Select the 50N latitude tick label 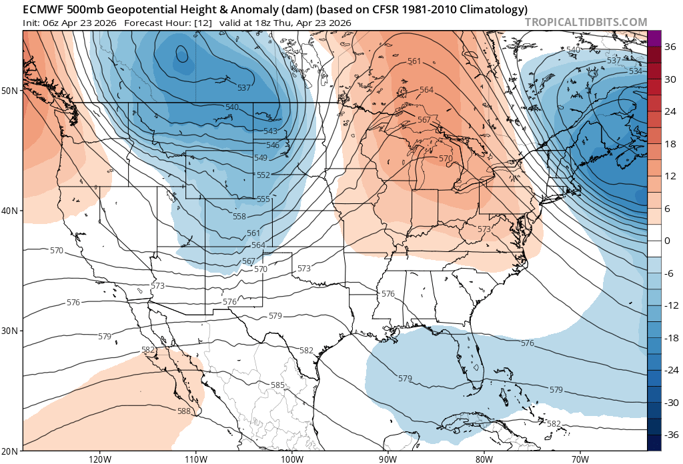11,90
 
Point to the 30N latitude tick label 11,331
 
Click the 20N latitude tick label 11,451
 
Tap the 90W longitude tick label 388,459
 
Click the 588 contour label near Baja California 184,411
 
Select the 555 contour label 263,199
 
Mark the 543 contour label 271,131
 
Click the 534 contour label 636,71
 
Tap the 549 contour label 260,158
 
